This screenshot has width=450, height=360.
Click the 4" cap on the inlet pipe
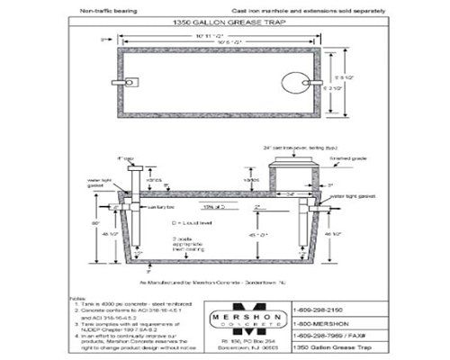133,168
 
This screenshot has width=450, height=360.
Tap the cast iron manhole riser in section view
292,169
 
